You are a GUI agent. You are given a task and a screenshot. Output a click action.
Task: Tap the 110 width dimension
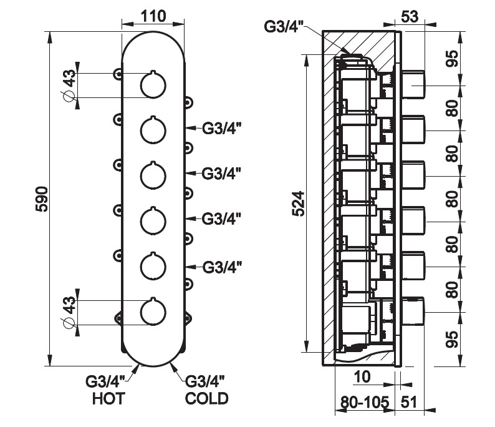tap(153, 16)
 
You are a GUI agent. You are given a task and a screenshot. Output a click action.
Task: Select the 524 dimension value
tap(299, 203)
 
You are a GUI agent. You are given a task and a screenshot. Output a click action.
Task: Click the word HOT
tap(108, 398)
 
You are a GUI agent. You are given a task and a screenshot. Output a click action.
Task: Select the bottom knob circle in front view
tap(153, 312)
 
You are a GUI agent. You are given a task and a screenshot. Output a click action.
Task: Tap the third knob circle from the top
tap(153, 176)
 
